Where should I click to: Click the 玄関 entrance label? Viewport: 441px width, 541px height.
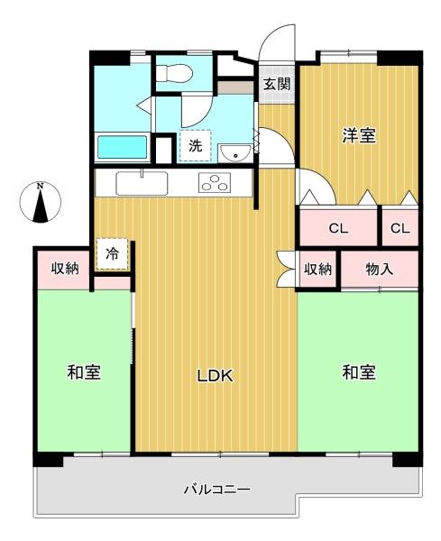click(277, 84)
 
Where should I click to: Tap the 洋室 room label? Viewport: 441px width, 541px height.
click(359, 135)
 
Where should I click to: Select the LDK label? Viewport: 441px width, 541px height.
click(216, 376)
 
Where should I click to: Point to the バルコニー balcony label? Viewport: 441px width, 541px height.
click(216, 490)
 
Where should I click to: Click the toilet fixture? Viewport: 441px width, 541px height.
click(173, 73)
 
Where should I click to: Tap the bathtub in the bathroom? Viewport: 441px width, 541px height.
click(122, 147)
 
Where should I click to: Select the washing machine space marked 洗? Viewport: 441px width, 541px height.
click(195, 145)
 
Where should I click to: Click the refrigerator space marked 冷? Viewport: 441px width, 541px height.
click(112, 254)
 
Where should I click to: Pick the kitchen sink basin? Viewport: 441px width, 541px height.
click(142, 183)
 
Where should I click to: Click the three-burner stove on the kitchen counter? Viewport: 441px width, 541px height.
click(215, 182)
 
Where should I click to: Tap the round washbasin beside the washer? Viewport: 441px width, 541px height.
click(235, 153)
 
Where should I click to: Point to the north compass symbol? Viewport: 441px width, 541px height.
click(41, 202)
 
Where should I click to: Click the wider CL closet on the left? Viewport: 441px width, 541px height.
click(338, 228)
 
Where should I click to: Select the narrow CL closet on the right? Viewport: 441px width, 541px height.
click(400, 228)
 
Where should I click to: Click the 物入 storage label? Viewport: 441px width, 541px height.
click(380, 269)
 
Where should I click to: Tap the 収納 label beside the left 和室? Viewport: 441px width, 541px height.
click(65, 268)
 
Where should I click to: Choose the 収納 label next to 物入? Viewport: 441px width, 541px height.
click(317, 269)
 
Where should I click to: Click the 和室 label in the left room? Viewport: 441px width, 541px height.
click(84, 372)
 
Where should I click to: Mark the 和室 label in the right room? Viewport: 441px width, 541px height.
click(359, 372)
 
